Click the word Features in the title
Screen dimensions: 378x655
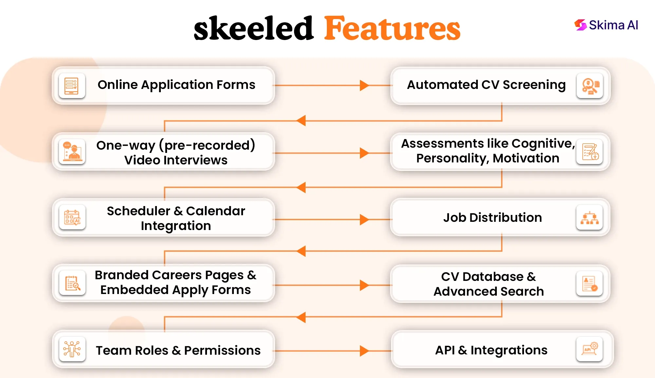click(392, 29)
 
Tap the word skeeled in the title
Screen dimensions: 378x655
click(254, 29)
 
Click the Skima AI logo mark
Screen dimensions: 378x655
click(580, 25)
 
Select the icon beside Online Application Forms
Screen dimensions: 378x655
click(72, 86)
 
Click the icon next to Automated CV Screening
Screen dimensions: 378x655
click(590, 86)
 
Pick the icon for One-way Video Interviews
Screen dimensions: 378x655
click(72, 152)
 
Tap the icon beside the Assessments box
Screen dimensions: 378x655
click(590, 152)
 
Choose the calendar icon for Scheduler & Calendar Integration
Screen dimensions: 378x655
click(72, 217)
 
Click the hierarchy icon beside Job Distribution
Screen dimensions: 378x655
click(589, 217)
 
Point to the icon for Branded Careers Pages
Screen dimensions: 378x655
click(72, 283)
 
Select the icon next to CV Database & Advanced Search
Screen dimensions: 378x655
click(589, 283)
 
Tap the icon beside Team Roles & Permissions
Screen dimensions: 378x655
click(72, 349)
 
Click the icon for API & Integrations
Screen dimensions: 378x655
click(589, 349)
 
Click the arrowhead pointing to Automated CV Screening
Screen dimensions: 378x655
click(364, 85)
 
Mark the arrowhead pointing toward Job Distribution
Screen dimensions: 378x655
click(364, 220)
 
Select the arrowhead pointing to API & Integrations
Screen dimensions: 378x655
click(364, 351)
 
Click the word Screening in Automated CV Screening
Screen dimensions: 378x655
click(534, 85)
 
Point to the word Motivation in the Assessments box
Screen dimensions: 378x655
click(526, 158)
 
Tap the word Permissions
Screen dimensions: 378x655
click(222, 350)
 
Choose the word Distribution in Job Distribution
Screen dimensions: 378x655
click(506, 218)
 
